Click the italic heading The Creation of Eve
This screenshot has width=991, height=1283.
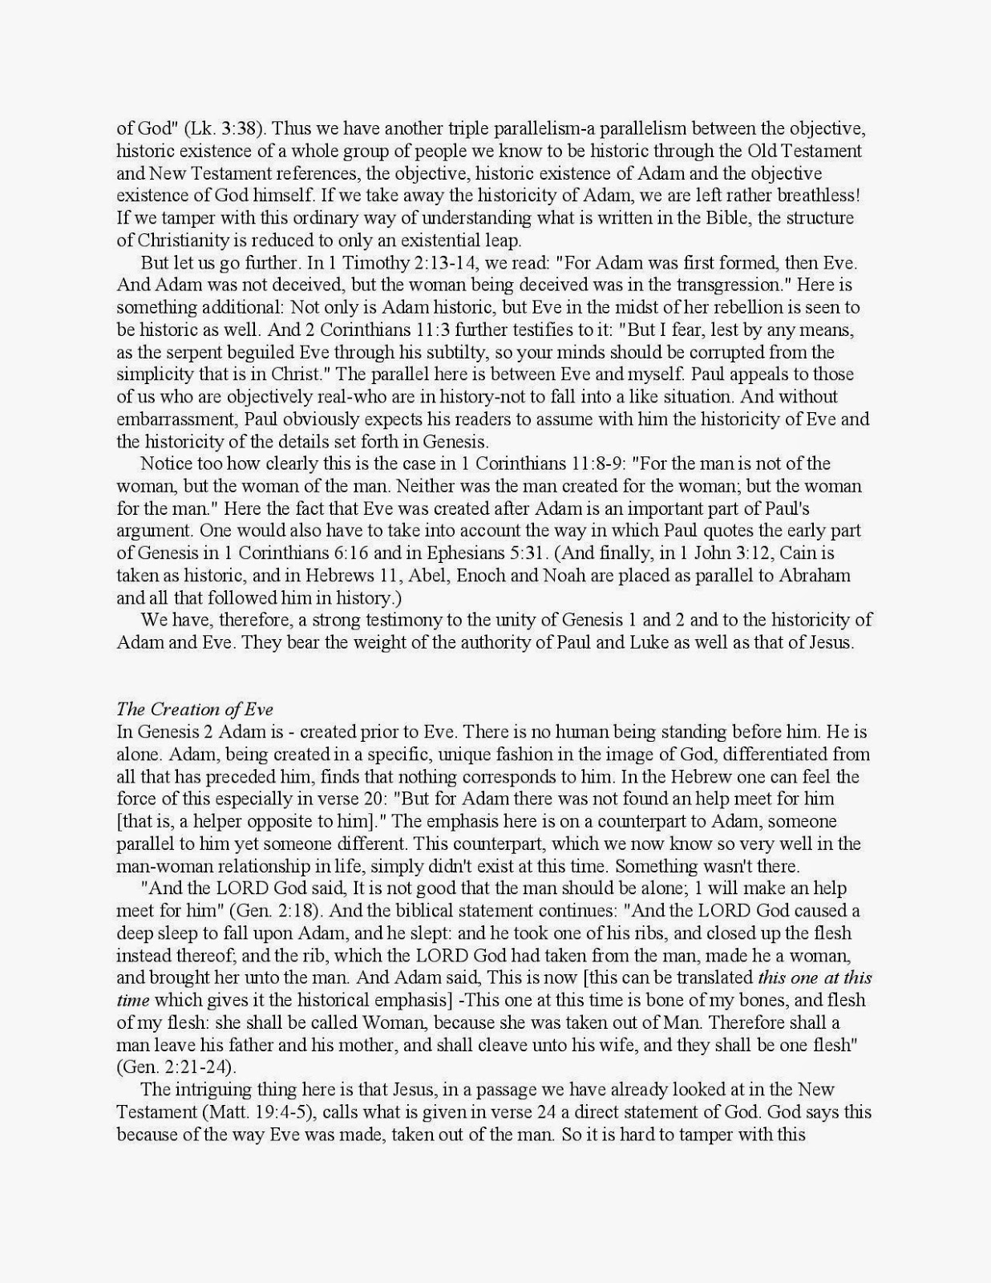coord(195,709)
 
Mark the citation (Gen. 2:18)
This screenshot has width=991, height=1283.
coord(274,911)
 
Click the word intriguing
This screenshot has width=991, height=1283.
coord(206,1090)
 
